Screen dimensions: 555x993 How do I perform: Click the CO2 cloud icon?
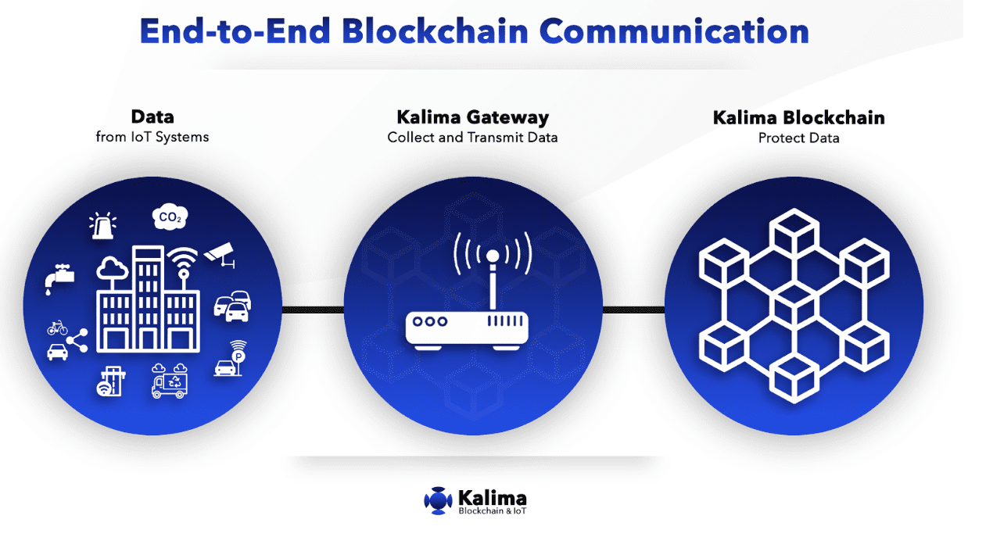tap(169, 218)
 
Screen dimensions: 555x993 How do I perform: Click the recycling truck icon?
tap(170, 381)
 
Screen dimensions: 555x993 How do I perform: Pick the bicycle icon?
tap(58, 328)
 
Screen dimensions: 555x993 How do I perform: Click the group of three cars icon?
tap(233, 305)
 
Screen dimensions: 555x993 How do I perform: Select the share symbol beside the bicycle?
tap(77, 340)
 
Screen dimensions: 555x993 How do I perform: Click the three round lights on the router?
tap(430, 321)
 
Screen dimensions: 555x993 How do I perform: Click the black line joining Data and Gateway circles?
tap(313, 310)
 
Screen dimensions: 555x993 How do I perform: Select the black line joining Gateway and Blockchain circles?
tap(633, 310)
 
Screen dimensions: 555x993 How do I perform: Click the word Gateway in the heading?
tap(508, 118)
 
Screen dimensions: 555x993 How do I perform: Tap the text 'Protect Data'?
tap(798, 138)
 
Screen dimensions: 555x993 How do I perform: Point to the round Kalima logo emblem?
tap(438, 500)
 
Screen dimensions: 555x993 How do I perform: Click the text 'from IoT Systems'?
tap(152, 138)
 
